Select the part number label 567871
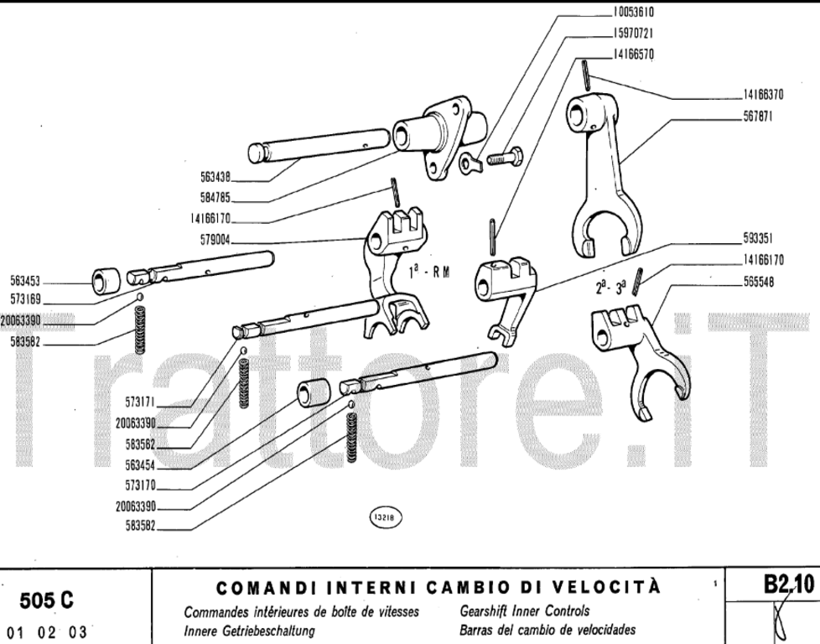[756, 117]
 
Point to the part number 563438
[215, 177]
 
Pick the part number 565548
[757, 282]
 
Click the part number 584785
[215, 199]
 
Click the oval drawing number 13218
[383, 517]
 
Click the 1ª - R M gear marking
[428, 273]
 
